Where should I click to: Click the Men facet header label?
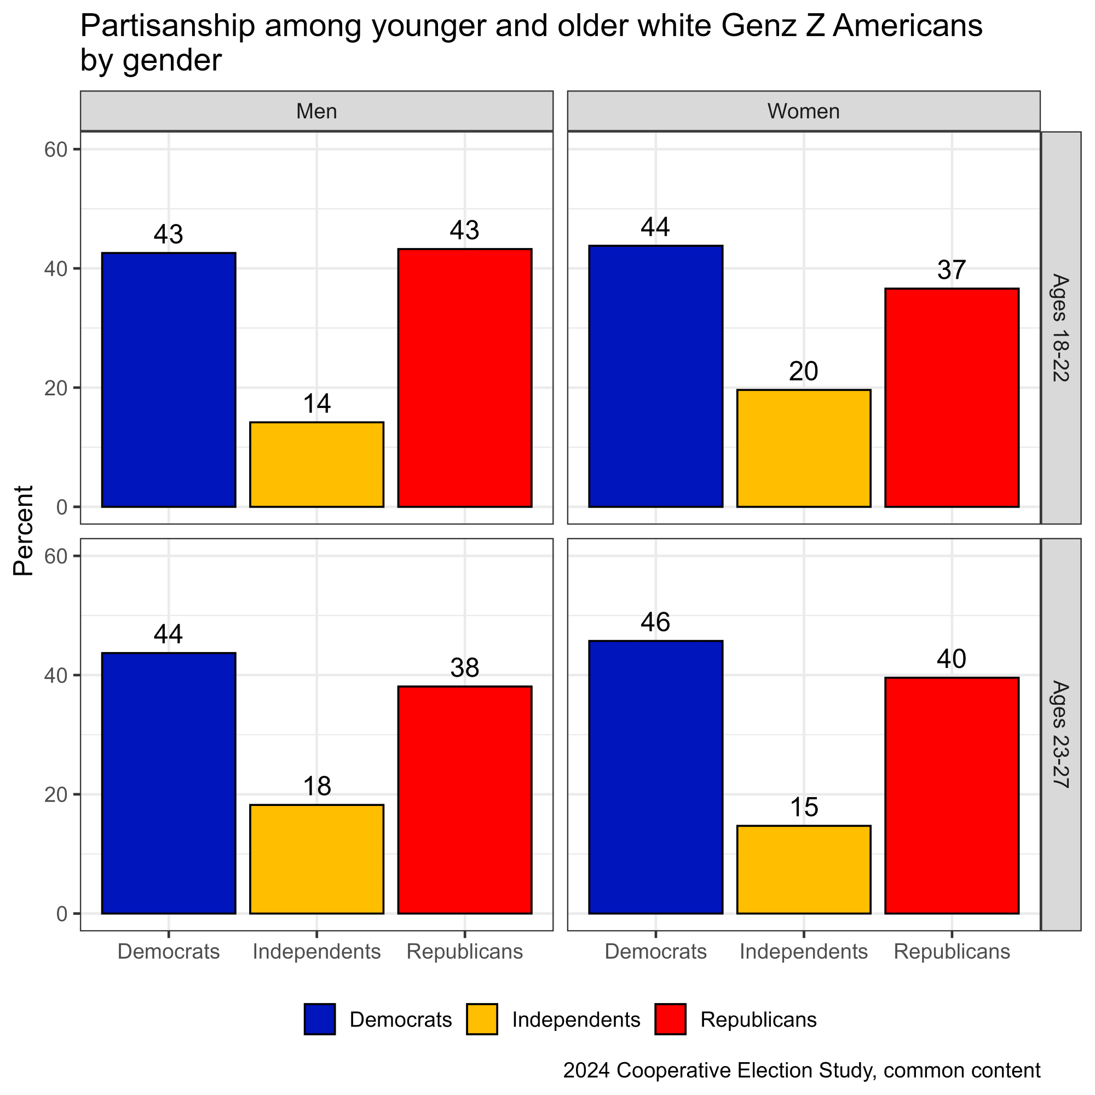click(x=316, y=111)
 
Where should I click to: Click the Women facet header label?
click(x=803, y=111)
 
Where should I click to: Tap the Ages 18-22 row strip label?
click(x=1060, y=327)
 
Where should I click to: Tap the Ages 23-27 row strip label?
click(x=1060, y=734)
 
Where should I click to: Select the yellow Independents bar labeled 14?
click(x=316, y=464)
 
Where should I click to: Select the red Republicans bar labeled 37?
click(x=952, y=397)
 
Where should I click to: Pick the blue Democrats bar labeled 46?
click(x=656, y=776)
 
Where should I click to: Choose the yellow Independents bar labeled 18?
click(x=316, y=858)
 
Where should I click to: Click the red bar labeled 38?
click(x=465, y=799)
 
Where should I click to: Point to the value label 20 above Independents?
click(x=803, y=372)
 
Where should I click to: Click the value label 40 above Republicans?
click(x=952, y=659)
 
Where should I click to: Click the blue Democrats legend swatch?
click(x=320, y=1019)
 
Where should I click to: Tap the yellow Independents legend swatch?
click(x=482, y=1019)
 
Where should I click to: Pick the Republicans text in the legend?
click(x=758, y=1019)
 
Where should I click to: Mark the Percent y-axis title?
click(x=24, y=531)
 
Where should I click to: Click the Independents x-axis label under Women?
click(x=803, y=952)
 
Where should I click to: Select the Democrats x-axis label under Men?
click(x=168, y=952)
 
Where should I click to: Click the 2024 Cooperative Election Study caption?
click(x=802, y=1070)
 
